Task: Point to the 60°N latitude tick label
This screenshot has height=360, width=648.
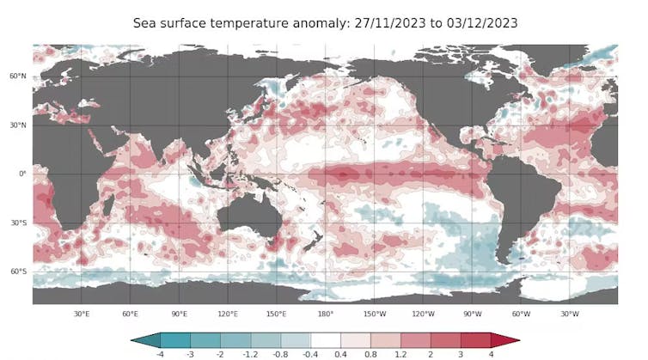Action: coord(19,76)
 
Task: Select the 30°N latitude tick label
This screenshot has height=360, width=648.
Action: coord(19,125)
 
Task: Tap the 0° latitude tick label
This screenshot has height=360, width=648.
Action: coord(23,174)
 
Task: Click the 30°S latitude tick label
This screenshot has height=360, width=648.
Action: coord(19,223)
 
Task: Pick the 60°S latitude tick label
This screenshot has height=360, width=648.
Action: coord(19,272)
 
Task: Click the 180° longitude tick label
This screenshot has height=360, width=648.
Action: coord(326,314)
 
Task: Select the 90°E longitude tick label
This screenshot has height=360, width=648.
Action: coord(180,314)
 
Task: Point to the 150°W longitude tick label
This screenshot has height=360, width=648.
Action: coord(374,314)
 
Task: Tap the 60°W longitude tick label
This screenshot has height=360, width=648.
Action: coord(521,314)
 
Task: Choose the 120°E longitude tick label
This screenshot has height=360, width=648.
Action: coord(228,314)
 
